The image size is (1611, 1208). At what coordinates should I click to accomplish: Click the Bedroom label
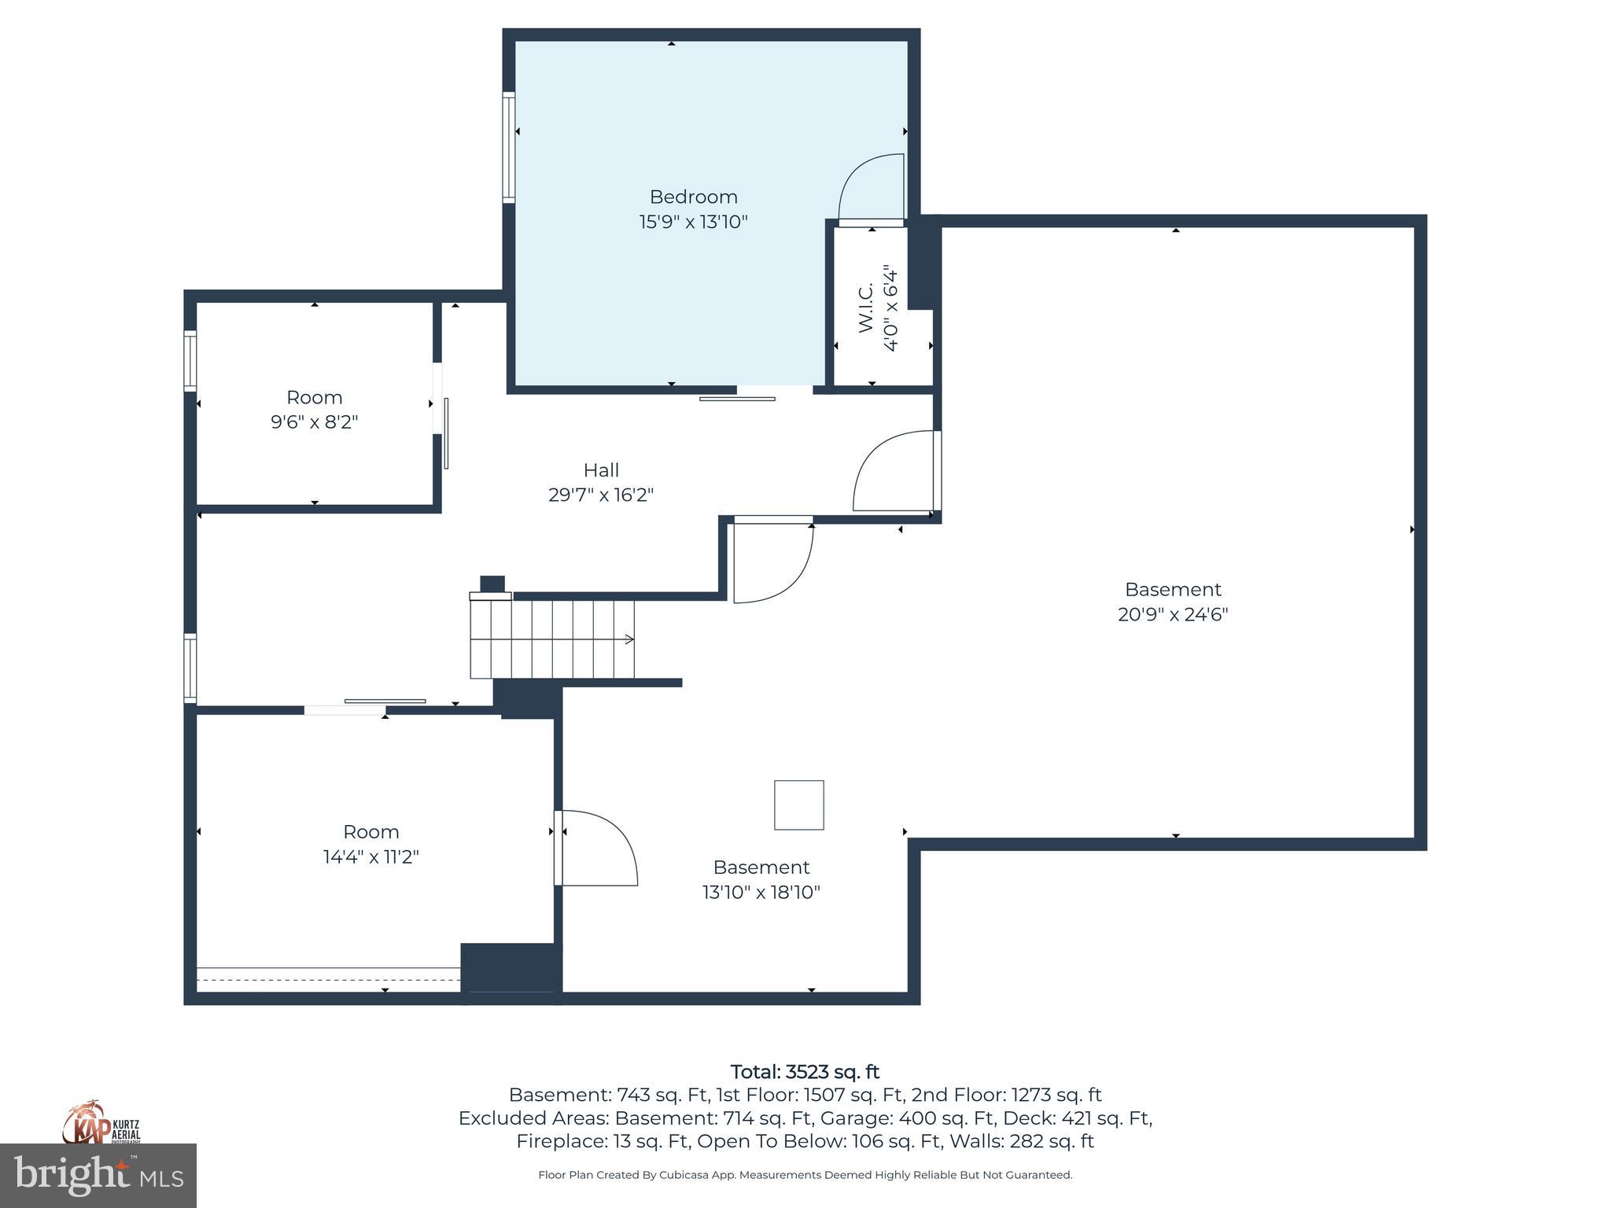pyautogui.click(x=693, y=197)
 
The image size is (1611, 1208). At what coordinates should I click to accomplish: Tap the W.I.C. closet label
pyautogui.click(x=865, y=308)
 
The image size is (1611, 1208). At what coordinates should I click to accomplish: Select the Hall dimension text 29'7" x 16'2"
pyautogui.click(x=601, y=495)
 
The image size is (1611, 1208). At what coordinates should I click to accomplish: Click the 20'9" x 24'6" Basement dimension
pyautogui.click(x=1172, y=614)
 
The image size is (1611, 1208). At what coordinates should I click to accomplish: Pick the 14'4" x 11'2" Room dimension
pyautogui.click(x=370, y=856)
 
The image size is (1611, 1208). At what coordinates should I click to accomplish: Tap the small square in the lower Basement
pyautogui.click(x=798, y=805)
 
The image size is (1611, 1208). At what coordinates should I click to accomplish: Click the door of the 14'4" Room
pyautogui.click(x=595, y=848)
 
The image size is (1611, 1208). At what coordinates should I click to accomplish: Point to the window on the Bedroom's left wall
pyautogui.click(x=509, y=147)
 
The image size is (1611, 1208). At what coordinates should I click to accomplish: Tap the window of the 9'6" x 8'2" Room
pyautogui.click(x=190, y=362)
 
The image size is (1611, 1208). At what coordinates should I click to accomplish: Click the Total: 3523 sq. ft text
pyautogui.click(x=805, y=1072)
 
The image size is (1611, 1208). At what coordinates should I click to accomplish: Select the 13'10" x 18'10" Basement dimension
pyautogui.click(x=761, y=892)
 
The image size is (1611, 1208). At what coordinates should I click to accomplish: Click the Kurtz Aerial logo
pyautogui.click(x=101, y=1123)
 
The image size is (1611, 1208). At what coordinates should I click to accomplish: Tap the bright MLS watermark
pyautogui.click(x=98, y=1175)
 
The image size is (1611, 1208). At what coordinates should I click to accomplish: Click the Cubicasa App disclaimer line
pyautogui.click(x=805, y=1175)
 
